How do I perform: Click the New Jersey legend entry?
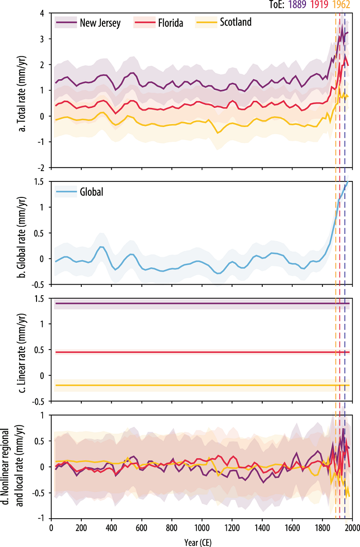coord(100,23)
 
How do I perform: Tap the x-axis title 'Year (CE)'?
coord(201,541)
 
